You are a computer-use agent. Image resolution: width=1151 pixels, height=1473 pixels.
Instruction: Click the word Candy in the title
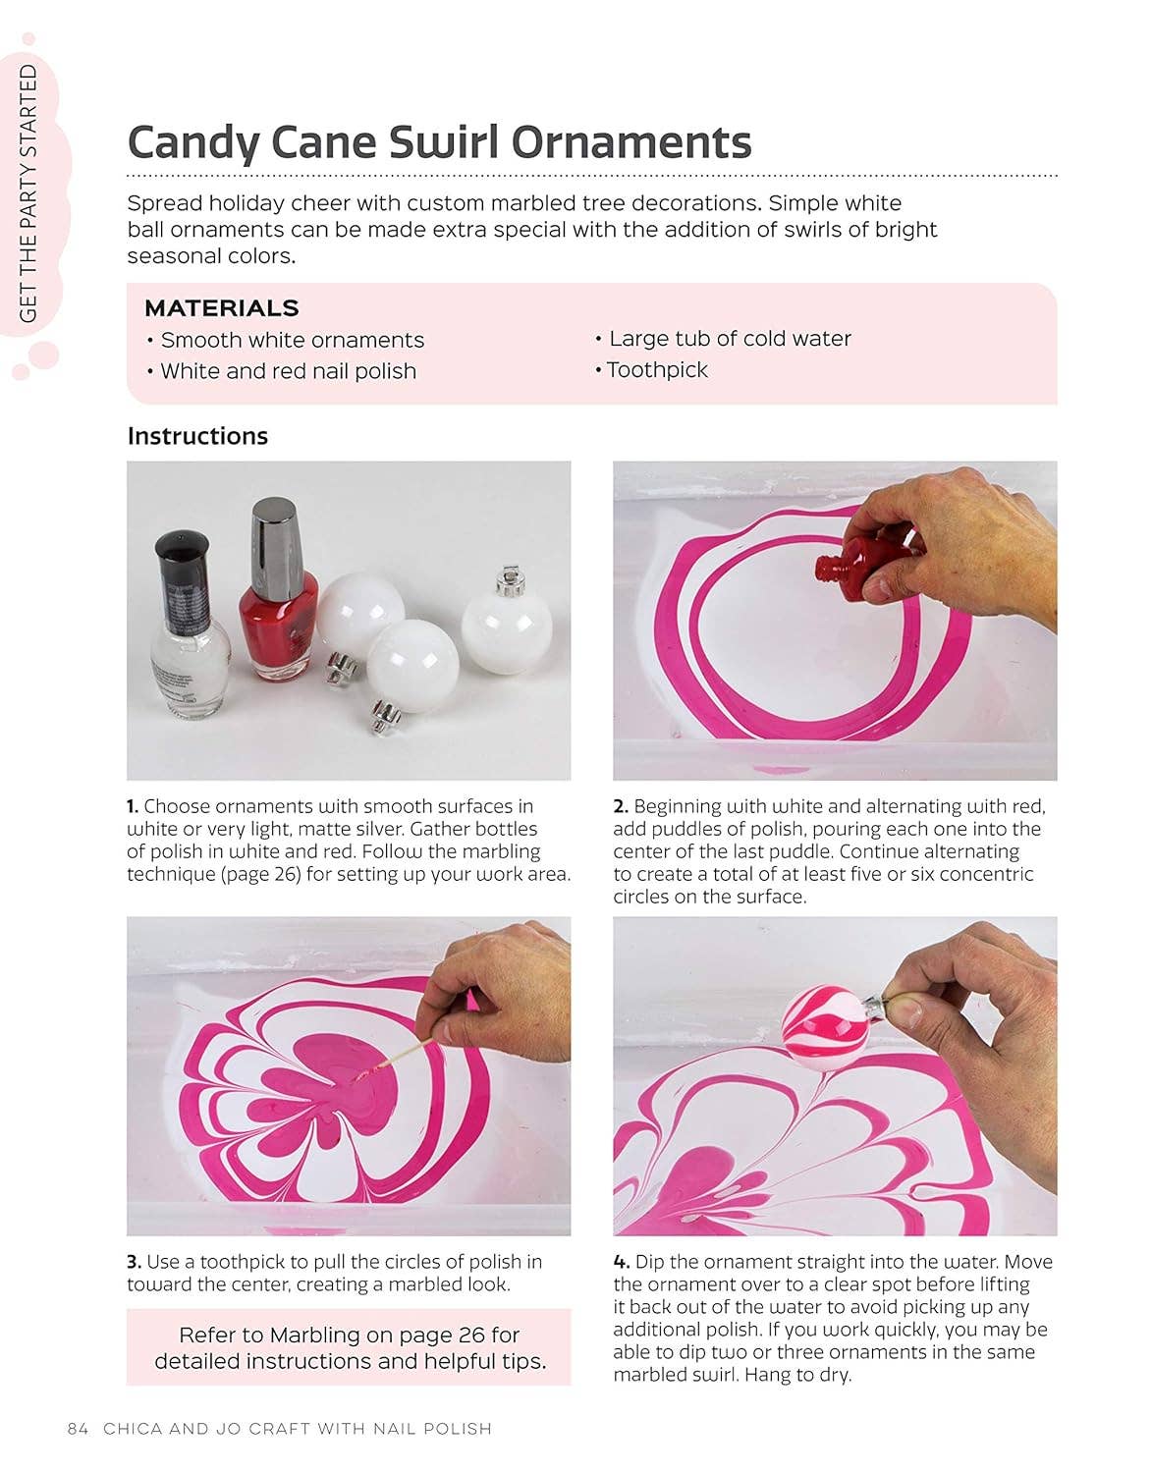193,143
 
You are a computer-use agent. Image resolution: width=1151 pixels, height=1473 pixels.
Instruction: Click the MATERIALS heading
222,308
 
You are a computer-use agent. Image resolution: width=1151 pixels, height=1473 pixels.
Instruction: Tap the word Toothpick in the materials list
657,370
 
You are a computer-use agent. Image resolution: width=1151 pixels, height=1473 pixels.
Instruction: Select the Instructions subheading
197,436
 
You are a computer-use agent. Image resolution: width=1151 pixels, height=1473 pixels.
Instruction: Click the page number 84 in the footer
78,1428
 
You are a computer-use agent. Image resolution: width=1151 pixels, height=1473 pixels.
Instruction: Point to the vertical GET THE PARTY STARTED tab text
27,193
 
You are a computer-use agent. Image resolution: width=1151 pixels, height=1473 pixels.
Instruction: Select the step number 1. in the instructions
133,806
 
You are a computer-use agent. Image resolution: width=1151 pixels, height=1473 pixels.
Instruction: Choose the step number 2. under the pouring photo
621,806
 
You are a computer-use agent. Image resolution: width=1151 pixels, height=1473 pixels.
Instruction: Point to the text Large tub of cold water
730,339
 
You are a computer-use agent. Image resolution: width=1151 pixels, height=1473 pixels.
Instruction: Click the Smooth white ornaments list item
292,341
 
